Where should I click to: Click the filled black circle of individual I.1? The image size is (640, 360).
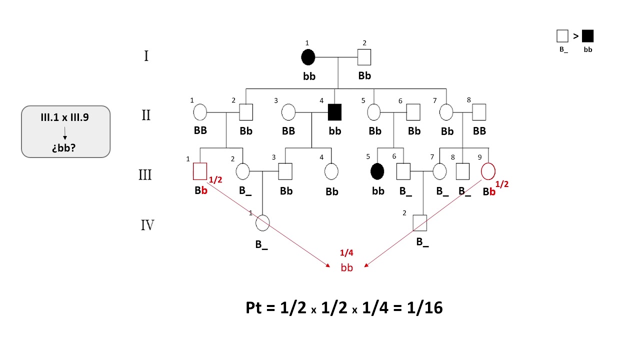pyautogui.click(x=308, y=57)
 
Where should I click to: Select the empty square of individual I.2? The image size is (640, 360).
pyautogui.click(x=364, y=57)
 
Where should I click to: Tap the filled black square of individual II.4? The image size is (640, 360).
pyautogui.click(x=334, y=112)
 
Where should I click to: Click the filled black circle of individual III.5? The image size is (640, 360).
pyautogui.click(x=378, y=171)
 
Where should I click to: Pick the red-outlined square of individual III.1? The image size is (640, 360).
pyautogui.click(x=200, y=171)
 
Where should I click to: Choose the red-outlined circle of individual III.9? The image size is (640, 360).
pyautogui.click(x=488, y=171)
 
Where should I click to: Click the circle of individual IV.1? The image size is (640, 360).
pyautogui.click(x=263, y=222)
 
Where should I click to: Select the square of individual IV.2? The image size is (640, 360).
pyautogui.click(x=420, y=222)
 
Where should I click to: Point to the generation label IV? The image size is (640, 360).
pyautogui.click(x=147, y=225)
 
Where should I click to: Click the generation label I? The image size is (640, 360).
pyautogui.click(x=146, y=55)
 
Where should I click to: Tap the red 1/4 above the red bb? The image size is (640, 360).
pyautogui.click(x=346, y=253)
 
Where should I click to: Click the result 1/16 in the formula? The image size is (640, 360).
pyautogui.click(x=424, y=307)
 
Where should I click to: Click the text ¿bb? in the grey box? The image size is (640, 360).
pyautogui.click(x=65, y=148)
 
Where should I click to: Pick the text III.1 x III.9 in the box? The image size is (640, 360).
pyautogui.click(x=65, y=118)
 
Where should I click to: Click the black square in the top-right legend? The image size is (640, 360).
pyautogui.click(x=587, y=36)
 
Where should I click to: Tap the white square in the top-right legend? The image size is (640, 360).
pyautogui.click(x=562, y=36)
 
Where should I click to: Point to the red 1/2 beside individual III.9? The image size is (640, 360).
pyautogui.click(x=501, y=184)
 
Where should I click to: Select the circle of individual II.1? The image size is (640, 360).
pyautogui.click(x=200, y=112)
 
